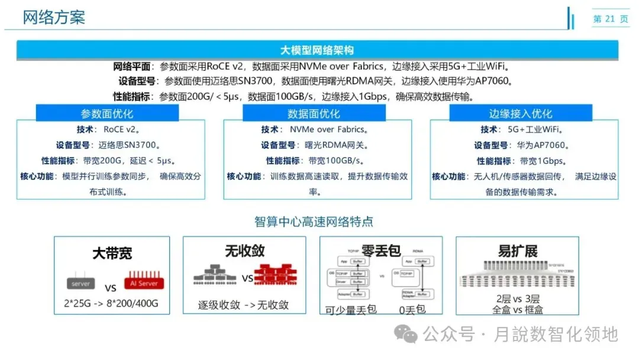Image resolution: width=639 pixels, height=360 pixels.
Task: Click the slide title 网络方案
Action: (54, 17)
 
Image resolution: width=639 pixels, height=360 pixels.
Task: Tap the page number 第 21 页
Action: (611, 19)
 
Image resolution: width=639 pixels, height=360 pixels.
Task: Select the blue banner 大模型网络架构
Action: (317, 50)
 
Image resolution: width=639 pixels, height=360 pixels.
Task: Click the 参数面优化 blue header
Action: (107, 114)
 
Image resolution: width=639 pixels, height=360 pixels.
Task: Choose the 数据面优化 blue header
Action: (314, 114)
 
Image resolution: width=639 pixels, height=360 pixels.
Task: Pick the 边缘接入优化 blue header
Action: (521, 114)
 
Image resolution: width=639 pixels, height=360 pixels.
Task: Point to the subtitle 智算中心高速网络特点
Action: (314, 222)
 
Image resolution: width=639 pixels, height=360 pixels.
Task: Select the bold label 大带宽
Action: (112, 253)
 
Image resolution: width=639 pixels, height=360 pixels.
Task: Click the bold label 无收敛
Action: (244, 251)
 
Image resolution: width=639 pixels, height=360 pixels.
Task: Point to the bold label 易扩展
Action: (518, 251)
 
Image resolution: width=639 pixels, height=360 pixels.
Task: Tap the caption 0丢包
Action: (412, 309)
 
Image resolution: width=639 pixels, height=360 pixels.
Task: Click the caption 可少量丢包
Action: (351, 310)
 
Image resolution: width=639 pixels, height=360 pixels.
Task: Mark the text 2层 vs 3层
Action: (518, 299)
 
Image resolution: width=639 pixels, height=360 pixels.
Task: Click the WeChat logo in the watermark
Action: (408, 335)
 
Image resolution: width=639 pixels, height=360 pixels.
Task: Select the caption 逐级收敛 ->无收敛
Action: (243, 306)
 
